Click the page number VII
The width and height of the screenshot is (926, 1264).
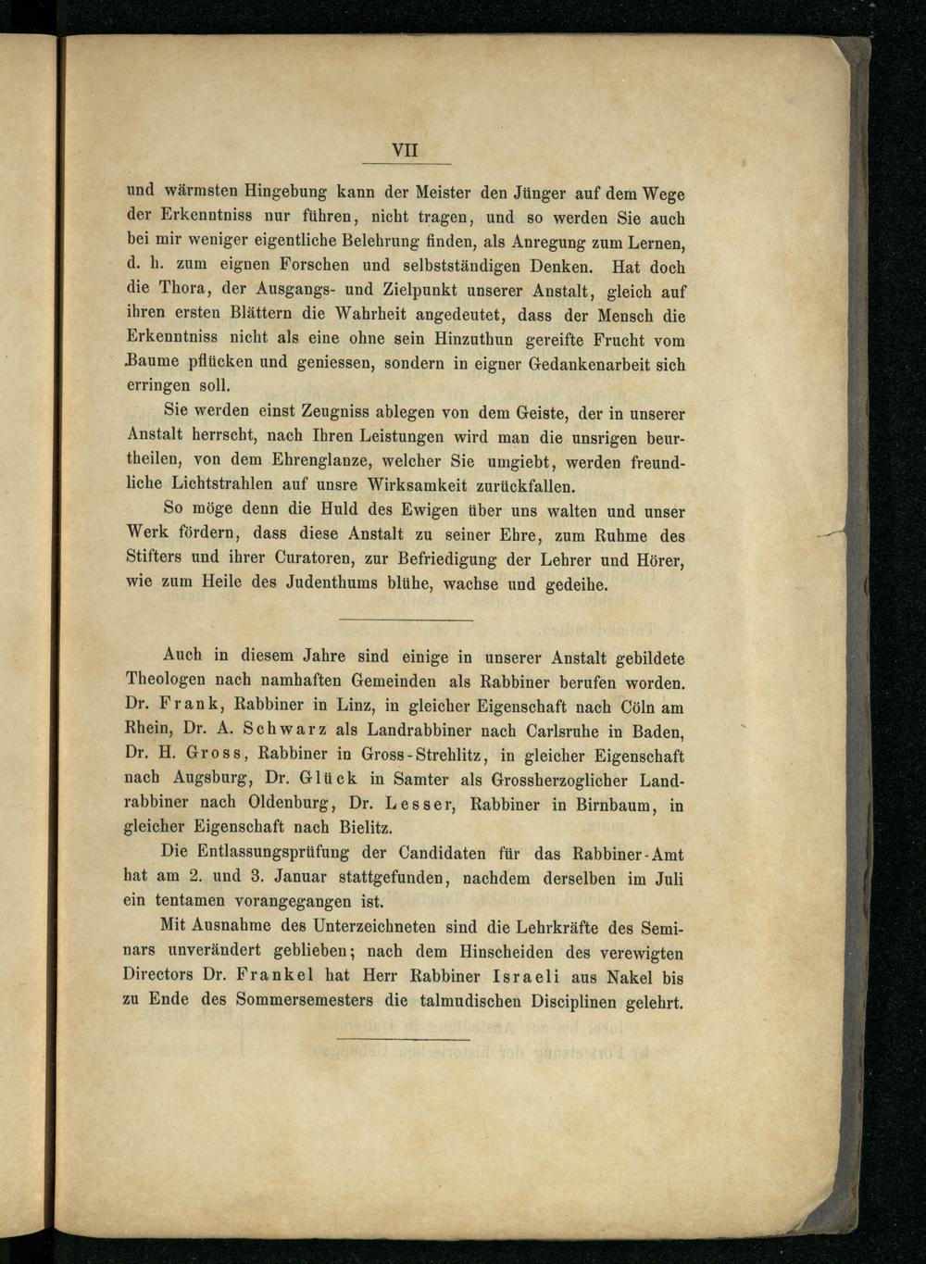tap(406, 150)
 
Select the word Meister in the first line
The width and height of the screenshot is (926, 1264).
tap(437, 194)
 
